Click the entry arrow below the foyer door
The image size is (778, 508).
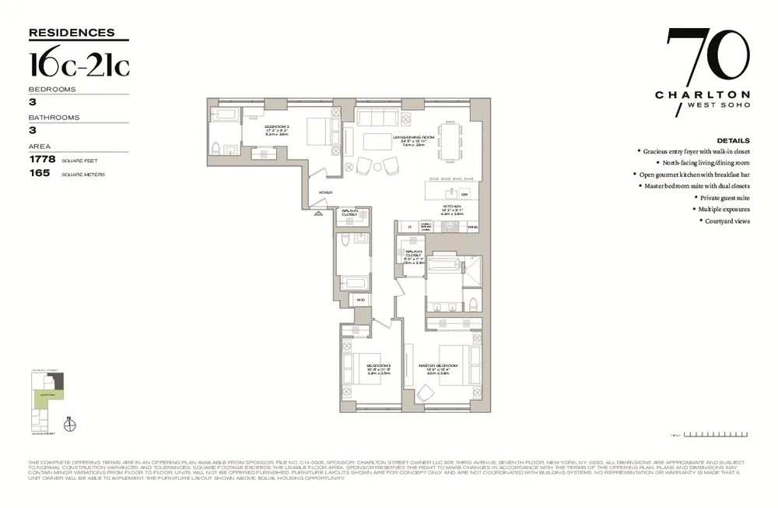tap(318, 213)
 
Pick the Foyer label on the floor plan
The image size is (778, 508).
tap(326, 191)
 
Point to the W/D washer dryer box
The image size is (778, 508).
tap(360, 299)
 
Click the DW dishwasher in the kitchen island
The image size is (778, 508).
tap(464, 193)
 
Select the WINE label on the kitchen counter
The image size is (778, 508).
tap(472, 227)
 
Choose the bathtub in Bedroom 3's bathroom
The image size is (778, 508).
tap(225, 118)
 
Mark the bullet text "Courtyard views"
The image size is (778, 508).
tap(727, 222)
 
